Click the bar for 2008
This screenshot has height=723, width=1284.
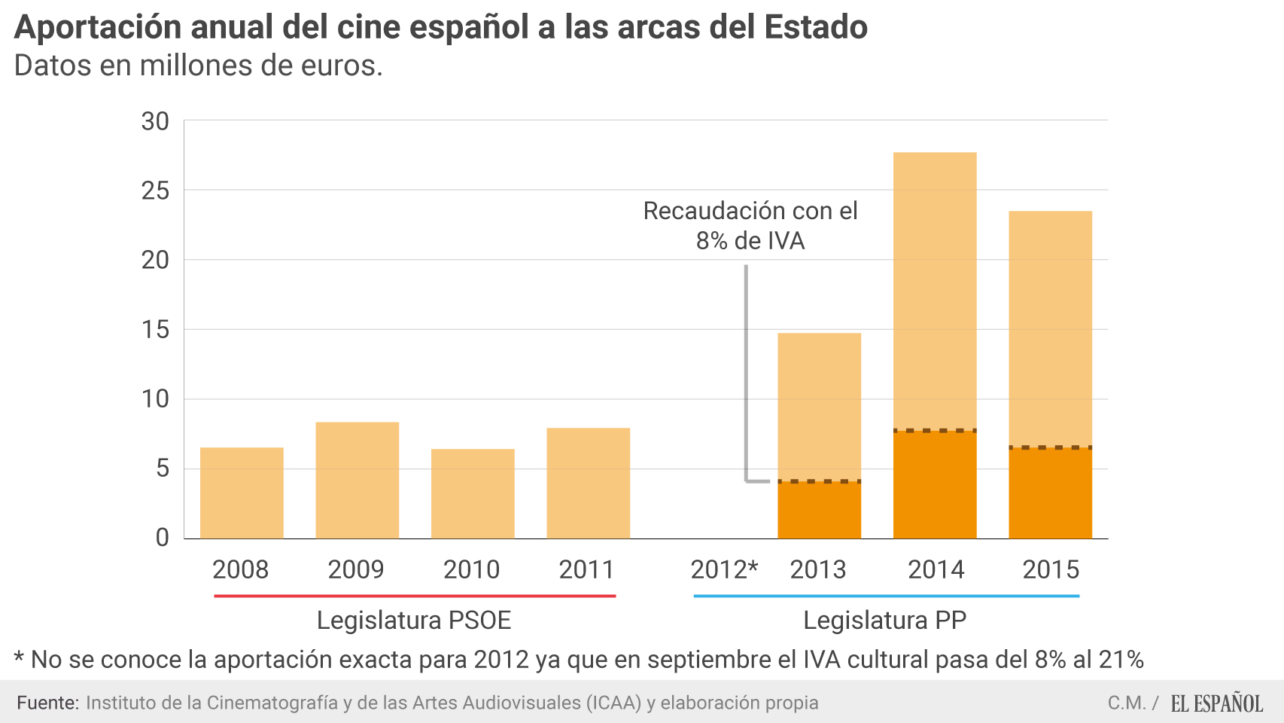pyautogui.click(x=242, y=493)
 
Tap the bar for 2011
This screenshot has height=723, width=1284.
pyautogui.click(x=588, y=484)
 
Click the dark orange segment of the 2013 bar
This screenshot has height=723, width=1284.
pyautogui.click(x=819, y=511)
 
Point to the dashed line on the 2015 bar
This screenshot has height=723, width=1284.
pyautogui.click(x=1050, y=447)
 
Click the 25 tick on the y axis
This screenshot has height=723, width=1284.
pyautogui.click(x=156, y=191)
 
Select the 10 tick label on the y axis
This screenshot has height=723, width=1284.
pyautogui.click(x=156, y=399)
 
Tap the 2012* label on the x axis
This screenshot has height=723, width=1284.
pyautogui.click(x=723, y=569)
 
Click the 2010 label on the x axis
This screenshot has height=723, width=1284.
pyautogui.click(x=471, y=569)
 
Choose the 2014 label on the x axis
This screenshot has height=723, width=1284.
pyautogui.click(x=936, y=569)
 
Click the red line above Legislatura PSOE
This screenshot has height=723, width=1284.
pyautogui.click(x=415, y=596)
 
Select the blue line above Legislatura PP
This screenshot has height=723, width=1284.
pyautogui.click(x=886, y=596)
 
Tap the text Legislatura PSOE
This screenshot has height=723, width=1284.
pyautogui.click(x=414, y=621)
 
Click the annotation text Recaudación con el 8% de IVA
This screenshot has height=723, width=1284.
pyautogui.click(x=750, y=225)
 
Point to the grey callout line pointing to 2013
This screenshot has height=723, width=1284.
pyautogui.click(x=746, y=377)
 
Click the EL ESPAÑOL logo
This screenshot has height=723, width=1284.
pyautogui.click(x=1216, y=703)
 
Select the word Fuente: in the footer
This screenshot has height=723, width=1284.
pyautogui.click(x=47, y=703)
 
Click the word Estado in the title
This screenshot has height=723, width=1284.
pyautogui.click(x=816, y=27)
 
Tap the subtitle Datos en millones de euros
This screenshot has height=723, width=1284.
pyautogui.click(x=199, y=66)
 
